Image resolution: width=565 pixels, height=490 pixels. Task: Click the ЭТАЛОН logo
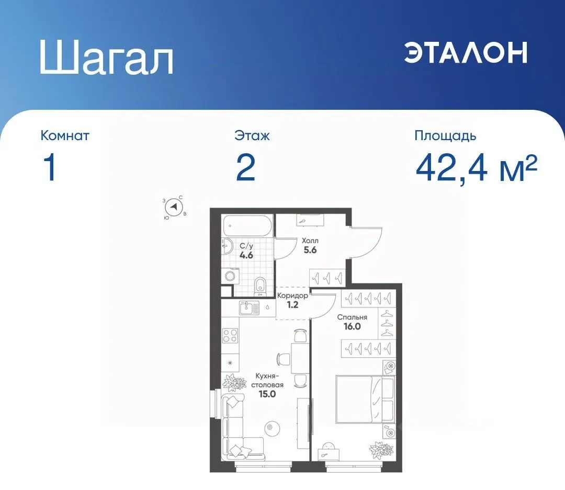[x=465, y=52]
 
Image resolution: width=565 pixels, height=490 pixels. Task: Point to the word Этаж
[x=252, y=136]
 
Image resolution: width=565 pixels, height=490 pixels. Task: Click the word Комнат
[x=65, y=136]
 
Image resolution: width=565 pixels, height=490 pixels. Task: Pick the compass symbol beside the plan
[x=174, y=208]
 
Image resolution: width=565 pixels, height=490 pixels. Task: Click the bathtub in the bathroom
[x=247, y=226]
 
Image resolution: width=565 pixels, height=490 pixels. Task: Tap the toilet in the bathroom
[x=260, y=285]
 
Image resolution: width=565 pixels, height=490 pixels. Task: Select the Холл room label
[x=310, y=242]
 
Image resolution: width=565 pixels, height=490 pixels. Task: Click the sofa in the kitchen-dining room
[x=235, y=426]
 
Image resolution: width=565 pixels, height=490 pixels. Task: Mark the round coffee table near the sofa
[x=270, y=427]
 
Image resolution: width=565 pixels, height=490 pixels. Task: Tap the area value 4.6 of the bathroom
[x=246, y=256]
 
